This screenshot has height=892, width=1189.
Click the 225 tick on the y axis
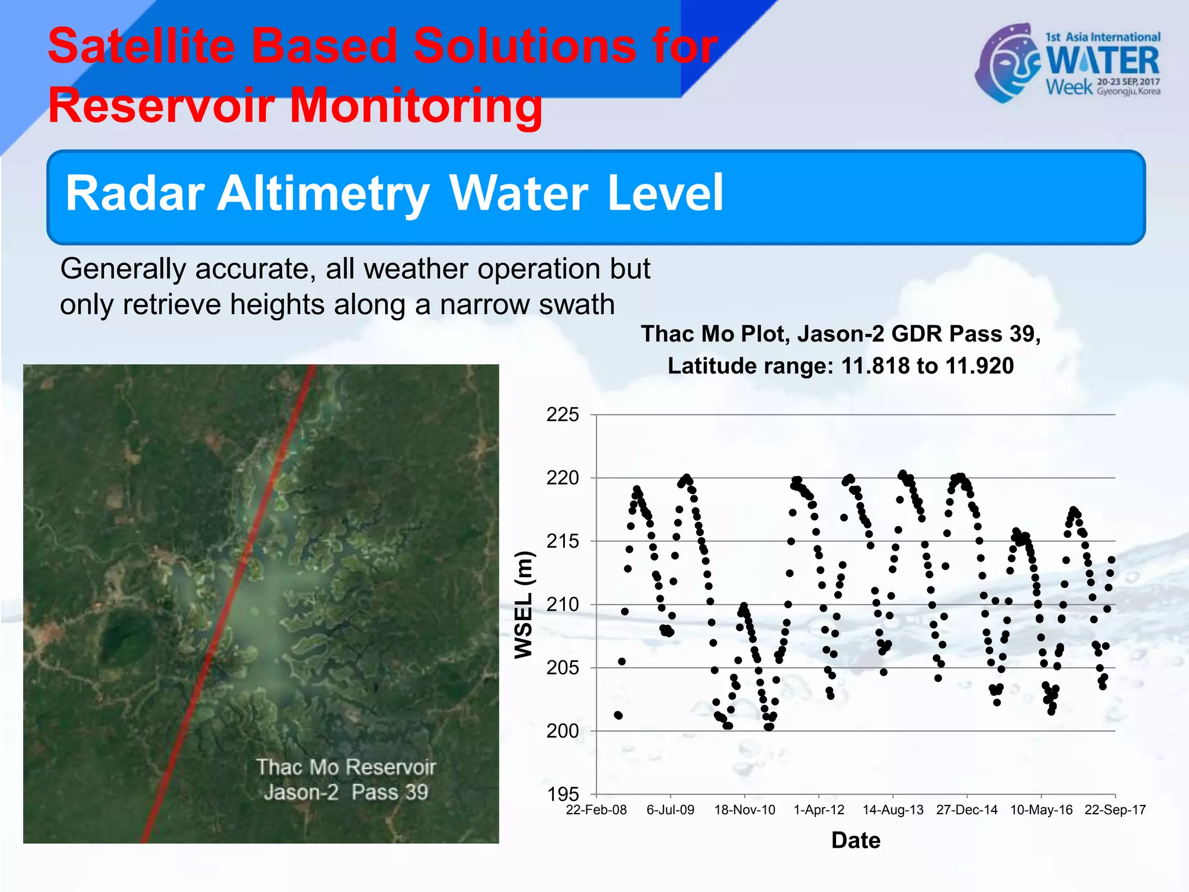(x=563, y=415)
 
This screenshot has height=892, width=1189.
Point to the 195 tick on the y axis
(x=563, y=794)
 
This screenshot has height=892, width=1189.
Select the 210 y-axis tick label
(x=563, y=605)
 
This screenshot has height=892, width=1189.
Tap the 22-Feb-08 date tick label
(x=596, y=810)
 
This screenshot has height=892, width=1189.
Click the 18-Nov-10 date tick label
(x=744, y=810)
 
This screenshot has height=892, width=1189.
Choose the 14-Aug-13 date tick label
(x=893, y=810)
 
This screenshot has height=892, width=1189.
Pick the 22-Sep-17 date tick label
(x=1115, y=810)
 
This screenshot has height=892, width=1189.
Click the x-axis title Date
(x=856, y=840)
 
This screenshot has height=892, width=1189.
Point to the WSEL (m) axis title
(x=524, y=605)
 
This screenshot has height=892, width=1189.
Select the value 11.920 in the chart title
(x=979, y=366)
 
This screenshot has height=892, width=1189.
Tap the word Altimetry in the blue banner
(x=323, y=193)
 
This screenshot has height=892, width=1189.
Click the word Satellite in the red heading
(x=141, y=46)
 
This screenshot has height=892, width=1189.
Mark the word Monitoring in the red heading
(x=416, y=105)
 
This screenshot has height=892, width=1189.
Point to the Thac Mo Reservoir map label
(x=346, y=767)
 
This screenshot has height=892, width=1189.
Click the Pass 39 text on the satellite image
(x=390, y=792)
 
